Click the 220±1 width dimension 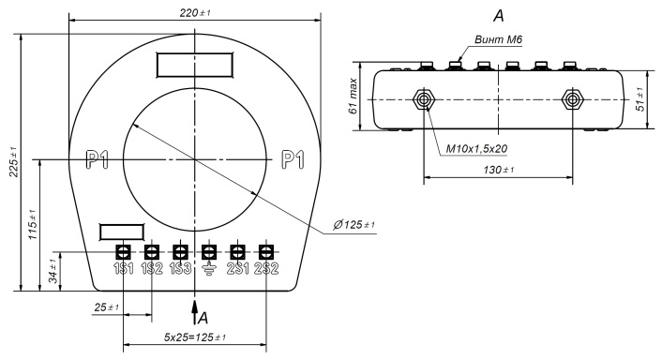tap(195, 13)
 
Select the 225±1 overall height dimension tap(14, 161)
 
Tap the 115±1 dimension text tap(33, 224)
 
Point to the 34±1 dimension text tap(53, 271)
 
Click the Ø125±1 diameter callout tap(354, 224)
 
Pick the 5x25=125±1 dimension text tap(194, 337)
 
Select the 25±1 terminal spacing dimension tap(106, 307)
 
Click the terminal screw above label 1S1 tap(123, 252)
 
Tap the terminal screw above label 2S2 tap(266, 252)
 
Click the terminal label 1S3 tap(180, 268)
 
